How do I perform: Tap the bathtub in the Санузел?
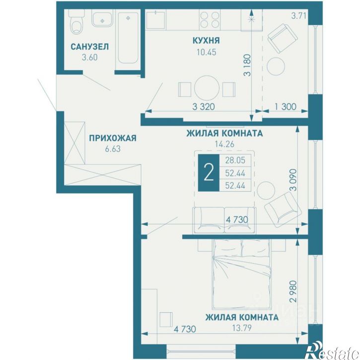tap(128, 38)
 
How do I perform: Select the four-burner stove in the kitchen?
tap(210, 20)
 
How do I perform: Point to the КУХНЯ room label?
tap(206, 41)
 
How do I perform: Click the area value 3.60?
tap(90, 57)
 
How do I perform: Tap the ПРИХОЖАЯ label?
tap(113, 138)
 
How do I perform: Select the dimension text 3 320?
tap(204, 107)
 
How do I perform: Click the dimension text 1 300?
tap(286, 107)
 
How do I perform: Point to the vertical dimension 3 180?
tap(248, 65)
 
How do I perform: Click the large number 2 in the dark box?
tap(209, 173)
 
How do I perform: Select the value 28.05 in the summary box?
tap(235, 160)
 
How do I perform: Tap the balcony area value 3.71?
tap(299, 16)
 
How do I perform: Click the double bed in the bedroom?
tap(241, 273)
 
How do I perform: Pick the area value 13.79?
tap(242, 328)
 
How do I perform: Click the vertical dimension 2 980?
tap(293, 291)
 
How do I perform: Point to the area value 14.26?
tap(224, 144)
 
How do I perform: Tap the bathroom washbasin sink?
tap(102, 18)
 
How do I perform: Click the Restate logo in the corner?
tap(333, 352)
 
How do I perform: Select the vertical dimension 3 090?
tap(293, 180)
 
